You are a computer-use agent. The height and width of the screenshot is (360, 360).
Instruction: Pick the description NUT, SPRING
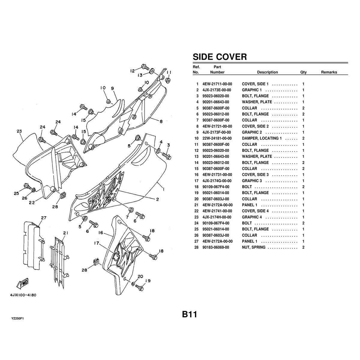[253, 247]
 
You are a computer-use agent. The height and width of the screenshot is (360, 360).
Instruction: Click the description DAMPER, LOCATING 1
[262, 138]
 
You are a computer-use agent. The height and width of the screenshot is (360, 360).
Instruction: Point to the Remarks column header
[329, 72]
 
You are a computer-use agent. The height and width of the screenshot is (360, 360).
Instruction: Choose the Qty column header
[303, 72]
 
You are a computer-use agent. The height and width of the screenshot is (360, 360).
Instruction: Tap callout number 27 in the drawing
[43, 217]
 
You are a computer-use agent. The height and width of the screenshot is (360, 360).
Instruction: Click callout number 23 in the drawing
[19, 131]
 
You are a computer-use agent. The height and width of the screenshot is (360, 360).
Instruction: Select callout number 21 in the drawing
[66, 233]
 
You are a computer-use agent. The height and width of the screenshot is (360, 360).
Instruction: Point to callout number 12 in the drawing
[132, 71]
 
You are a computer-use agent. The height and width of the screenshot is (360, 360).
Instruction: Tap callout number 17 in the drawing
[96, 244]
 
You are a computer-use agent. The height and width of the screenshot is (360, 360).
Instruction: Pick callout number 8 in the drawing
[161, 121]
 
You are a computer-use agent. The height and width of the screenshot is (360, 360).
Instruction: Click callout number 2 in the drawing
[157, 199]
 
